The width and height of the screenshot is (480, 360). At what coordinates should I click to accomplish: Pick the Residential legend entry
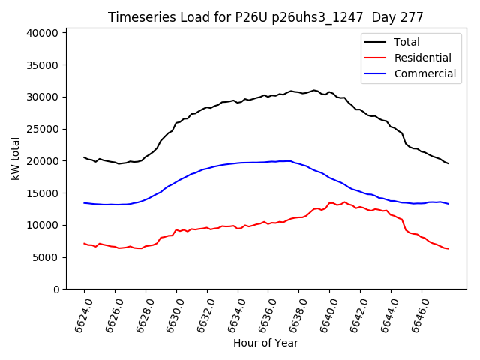(x=422, y=58)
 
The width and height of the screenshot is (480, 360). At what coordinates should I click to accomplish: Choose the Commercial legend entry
(x=424, y=73)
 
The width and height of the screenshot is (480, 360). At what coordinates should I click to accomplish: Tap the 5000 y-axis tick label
(x=46, y=257)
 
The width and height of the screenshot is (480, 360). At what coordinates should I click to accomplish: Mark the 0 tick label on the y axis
(x=56, y=289)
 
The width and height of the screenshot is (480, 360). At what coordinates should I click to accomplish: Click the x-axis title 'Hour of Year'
(x=265, y=343)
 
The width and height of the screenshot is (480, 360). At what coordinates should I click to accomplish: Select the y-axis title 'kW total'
(x=16, y=158)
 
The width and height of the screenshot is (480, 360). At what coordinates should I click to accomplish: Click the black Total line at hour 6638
(x=299, y=92)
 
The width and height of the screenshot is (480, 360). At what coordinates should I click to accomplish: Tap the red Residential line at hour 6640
(x=330, y=203)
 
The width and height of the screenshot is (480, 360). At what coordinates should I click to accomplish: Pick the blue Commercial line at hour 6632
(x=207, y=168)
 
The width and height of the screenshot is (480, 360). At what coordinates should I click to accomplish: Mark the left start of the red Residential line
(x=84, y=243)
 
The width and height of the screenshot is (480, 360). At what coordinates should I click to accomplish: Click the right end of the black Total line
(x=448, y=163)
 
